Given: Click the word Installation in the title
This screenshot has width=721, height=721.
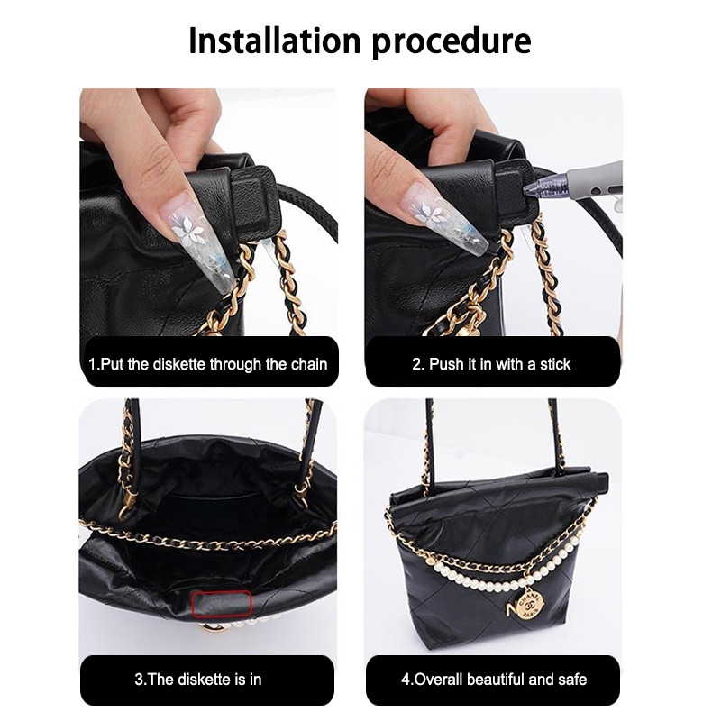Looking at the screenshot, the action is pos(275,41).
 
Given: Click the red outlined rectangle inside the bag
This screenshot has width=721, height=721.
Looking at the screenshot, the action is pos(222,604).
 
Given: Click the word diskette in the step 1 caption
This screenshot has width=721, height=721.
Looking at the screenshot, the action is pos(178,364).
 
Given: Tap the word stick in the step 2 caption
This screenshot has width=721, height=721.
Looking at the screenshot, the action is pos(555,364).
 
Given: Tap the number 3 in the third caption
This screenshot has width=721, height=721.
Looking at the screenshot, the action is pos(139,680).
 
